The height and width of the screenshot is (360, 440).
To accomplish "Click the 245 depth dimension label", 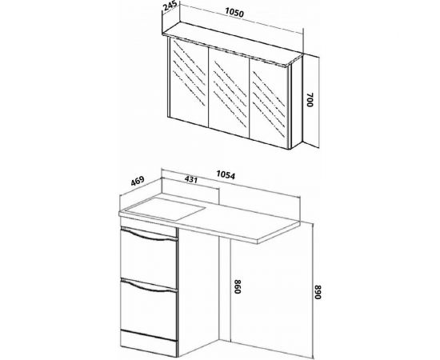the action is click(x=170, y=6).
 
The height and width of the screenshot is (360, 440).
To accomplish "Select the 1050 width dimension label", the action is click(x=234, y=12).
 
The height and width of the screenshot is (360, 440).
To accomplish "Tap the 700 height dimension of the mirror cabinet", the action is click(x=310, y=99).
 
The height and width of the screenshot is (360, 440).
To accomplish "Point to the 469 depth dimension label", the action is click(x=138, y=181).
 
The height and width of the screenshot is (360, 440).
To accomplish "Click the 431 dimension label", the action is click(x=191, y=179).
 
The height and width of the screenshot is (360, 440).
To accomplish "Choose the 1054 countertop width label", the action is click(x=226, y=174).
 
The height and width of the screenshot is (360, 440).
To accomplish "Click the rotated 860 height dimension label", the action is click(x=238, y=286).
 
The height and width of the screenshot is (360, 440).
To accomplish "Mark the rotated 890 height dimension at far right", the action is click(x=317, y=292).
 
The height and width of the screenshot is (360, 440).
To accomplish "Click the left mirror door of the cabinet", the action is click(x=189, y=81).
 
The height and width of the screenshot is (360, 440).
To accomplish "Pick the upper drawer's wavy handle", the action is click(x=150, y=235).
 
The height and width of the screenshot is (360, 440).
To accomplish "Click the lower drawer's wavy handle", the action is click(x=150, y=286).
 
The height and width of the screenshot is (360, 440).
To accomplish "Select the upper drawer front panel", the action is click(x=149, y=256).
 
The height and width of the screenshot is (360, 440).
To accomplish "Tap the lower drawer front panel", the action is click(x=149, y=308).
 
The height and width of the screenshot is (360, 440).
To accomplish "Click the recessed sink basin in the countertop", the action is click(x=166, y=209).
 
